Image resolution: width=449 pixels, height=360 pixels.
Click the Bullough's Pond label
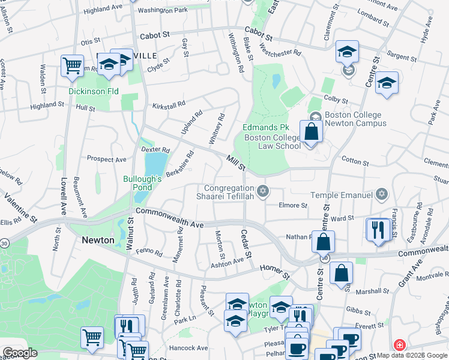pos(143,183)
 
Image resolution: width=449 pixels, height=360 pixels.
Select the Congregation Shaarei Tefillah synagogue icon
pos(262,192)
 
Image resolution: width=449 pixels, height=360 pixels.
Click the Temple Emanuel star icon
pos(381,194)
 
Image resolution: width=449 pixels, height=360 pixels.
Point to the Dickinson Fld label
pos(93,92)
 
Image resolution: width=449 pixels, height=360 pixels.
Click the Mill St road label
pos(236,163)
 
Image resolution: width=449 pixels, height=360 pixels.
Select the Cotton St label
pos(355,161)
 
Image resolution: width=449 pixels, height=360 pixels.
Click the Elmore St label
pos(294,205)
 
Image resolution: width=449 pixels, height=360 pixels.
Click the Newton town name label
pos(98,240)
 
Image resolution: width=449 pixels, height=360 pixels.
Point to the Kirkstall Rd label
pos(169,105)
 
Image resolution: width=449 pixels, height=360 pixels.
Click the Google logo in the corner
pos(20,353)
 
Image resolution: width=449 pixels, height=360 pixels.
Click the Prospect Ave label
pos(106,160)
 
